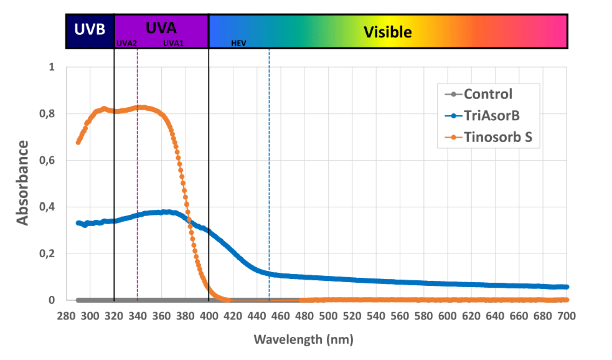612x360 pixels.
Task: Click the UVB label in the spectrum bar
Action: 90,30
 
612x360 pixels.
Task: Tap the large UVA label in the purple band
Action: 161,28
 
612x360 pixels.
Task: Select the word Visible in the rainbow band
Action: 388,32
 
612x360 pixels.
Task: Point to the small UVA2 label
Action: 126,44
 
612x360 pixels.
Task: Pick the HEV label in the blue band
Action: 238,44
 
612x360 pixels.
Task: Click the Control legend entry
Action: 488,95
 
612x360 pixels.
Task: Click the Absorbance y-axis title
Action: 22,182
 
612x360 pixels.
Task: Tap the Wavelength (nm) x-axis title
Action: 303,340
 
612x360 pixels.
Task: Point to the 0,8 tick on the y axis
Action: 47,114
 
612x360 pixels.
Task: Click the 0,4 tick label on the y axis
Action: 47,207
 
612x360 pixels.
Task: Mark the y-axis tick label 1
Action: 52,67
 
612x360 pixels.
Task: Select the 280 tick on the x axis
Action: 66,316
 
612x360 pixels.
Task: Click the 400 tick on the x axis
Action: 209,316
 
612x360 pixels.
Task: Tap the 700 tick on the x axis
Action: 566,316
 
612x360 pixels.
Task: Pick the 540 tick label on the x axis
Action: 375,316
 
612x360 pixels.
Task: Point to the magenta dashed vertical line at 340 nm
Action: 137,187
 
